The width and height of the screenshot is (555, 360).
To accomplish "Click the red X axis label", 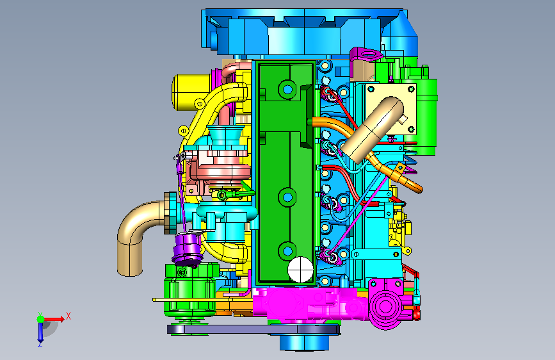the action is (x=68, y=316).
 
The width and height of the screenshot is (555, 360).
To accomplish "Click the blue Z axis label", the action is (x=40, y=344).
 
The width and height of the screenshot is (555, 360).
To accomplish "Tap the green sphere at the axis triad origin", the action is (x=41, y=319).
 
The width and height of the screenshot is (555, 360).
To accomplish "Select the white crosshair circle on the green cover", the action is (x=300, y=269).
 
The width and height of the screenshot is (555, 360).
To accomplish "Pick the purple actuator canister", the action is (x=188, y=250).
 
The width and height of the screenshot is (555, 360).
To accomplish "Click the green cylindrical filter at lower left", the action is (x=189, y=291).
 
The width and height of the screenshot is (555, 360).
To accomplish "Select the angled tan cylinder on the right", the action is (x=372, y=129).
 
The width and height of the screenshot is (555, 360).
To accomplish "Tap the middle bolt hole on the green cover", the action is (x=287, y=197).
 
